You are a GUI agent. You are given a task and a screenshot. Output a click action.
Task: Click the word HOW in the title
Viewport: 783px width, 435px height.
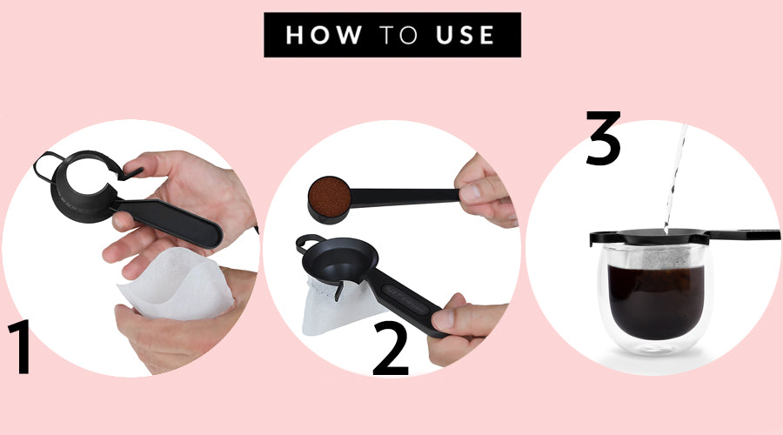pos(324,35)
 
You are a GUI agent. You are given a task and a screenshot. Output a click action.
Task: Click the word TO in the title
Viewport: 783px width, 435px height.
pos(398,35)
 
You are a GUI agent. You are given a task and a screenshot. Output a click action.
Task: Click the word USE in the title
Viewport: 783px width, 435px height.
pos(465,35)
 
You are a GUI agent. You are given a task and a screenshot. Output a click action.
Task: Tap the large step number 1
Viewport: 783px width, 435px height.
pos(20,346)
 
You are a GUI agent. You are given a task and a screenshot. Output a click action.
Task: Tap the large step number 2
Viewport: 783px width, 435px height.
pos(391,348)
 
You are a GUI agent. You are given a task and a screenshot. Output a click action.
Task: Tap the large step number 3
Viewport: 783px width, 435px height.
pos(603,137)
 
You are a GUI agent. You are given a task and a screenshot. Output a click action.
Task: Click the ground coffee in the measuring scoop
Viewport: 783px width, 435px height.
pos(330,197)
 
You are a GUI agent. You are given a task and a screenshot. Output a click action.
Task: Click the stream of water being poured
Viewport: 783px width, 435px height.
pos(674,177)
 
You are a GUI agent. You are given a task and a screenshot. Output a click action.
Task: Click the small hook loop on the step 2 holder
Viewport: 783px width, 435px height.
pos(305,243)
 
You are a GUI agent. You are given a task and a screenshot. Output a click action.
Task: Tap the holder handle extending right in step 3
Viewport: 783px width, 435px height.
pos(744,235)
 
